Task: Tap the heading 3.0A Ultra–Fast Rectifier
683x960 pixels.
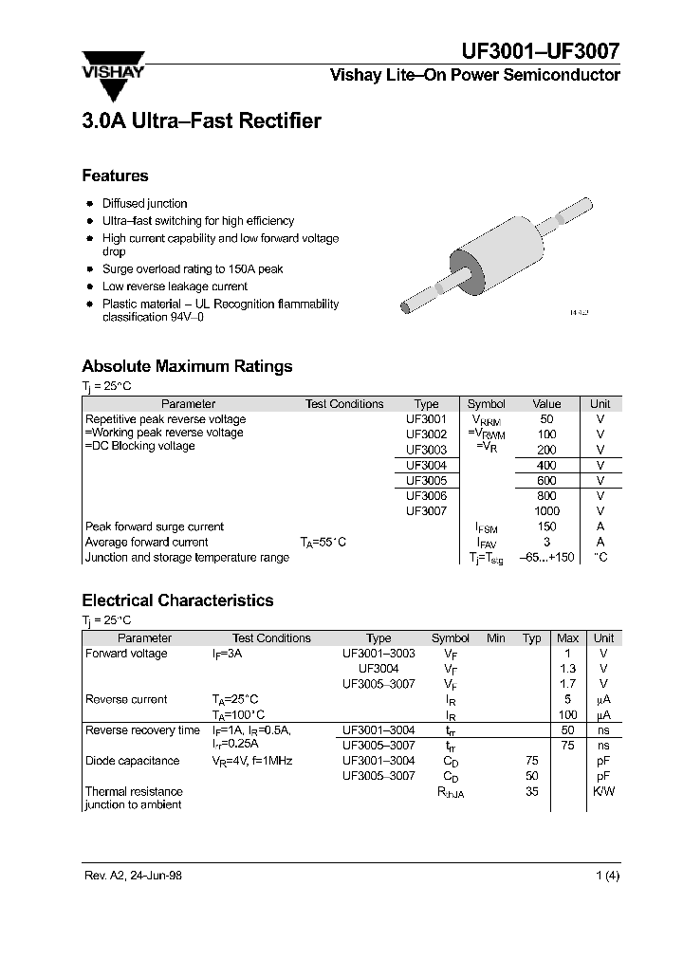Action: tap(201, 121)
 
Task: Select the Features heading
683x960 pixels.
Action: tap(115, 175)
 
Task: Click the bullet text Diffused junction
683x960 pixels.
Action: tap(144, 203)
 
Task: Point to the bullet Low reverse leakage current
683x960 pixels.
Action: tap(175, 286)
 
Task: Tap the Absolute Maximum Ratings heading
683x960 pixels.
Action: tap(187, 366)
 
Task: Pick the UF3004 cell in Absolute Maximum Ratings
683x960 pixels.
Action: tap(426, 465)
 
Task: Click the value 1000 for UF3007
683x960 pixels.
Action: tap(546, 510)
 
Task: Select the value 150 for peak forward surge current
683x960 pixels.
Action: tap(546, 526)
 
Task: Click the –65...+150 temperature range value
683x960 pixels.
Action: tap(547, 557)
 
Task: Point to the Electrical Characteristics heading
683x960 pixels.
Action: tap(177, 600)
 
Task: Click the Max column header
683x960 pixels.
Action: tap(567, 638)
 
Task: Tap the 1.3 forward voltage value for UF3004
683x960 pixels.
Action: tap(567, 669)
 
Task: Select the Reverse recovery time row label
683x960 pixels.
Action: tap(142, 729)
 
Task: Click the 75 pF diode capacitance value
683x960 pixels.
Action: tap(531, 760)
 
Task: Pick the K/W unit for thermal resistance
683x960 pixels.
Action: tap(603, 791)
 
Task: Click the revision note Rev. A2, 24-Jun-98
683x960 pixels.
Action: tap(133, 876)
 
